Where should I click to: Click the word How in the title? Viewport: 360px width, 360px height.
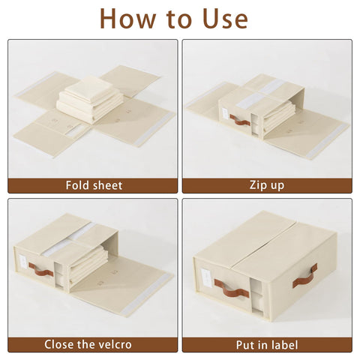pos(127,18)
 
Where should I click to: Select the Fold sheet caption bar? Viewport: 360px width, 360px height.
pos(93,185)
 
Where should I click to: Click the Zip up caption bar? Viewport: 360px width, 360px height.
pos(266,185)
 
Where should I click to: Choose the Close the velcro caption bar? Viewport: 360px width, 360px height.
pos(93,344)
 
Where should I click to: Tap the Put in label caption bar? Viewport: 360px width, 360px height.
pos(266,344)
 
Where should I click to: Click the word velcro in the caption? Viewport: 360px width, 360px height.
pos(115,344)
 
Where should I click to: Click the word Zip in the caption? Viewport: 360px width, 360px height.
pos(257,185)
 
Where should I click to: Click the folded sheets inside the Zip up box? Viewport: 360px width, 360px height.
pos(277,116)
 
